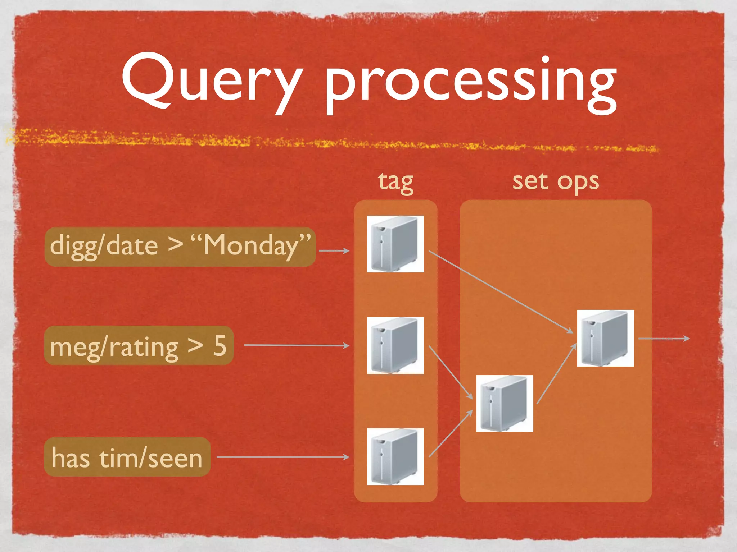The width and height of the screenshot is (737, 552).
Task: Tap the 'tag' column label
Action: point(395,182)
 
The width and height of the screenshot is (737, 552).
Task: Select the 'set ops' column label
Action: point(555,182)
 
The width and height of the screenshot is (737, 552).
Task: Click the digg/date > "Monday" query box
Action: point(180,247)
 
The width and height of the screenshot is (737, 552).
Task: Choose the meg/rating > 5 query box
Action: point(139,346)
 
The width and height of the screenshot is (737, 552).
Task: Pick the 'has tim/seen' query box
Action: point(127,457)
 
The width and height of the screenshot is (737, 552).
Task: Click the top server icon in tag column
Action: point(395,244)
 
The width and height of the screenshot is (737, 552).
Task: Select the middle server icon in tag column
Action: point(395,345)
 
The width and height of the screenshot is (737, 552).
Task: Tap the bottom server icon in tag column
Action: point(395,457)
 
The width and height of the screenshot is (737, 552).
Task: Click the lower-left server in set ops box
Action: point(505,404)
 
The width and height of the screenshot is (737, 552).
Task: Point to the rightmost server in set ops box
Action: point(605,338)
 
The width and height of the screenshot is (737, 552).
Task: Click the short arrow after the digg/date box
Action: point(334,251)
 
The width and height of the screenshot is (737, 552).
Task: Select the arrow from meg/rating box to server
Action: point(297,345)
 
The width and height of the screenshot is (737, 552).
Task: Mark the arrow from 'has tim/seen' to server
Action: point(283,457)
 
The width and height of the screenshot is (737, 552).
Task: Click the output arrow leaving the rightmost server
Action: point(664,339)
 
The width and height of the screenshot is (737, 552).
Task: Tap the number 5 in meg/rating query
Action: point(220,346)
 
